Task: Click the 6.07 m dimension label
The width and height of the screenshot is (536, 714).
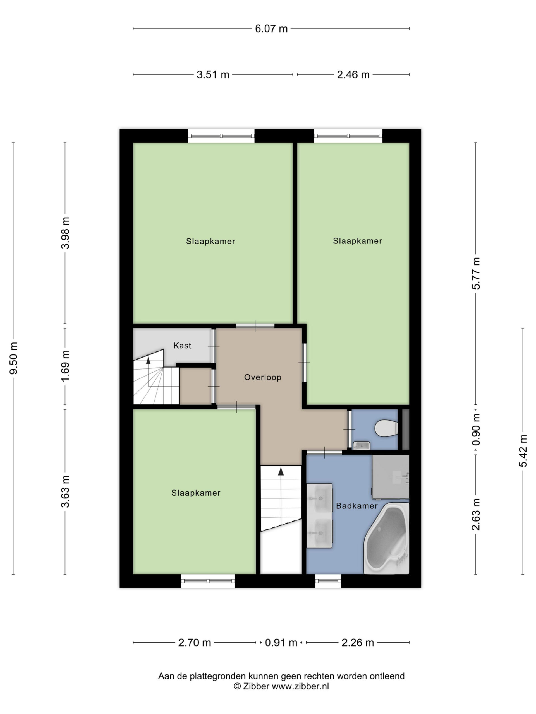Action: [x=271, y=29]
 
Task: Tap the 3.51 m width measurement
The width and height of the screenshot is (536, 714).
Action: [x=213, y=75]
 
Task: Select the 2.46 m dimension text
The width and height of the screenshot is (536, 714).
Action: [x=353, y=75]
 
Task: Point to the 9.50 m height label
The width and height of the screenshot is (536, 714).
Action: [x=14, y=358]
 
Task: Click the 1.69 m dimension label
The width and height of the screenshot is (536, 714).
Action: [x=66, y=366]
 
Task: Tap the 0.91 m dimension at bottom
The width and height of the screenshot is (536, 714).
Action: [x=281, y=643]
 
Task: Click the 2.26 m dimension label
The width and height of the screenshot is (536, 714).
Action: [x=358, y=643]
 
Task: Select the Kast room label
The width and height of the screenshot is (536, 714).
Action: [x=182, y=346]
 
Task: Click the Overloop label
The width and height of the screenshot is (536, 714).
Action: [x=263, y=378]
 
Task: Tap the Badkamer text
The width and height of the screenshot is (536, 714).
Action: [x=357, y=506]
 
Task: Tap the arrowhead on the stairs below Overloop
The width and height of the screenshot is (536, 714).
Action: [x=281, y=471]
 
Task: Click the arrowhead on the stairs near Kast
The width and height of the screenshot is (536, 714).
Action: [x=148, y=361]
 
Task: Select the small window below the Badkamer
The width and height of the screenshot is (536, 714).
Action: [x=328, y=581]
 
